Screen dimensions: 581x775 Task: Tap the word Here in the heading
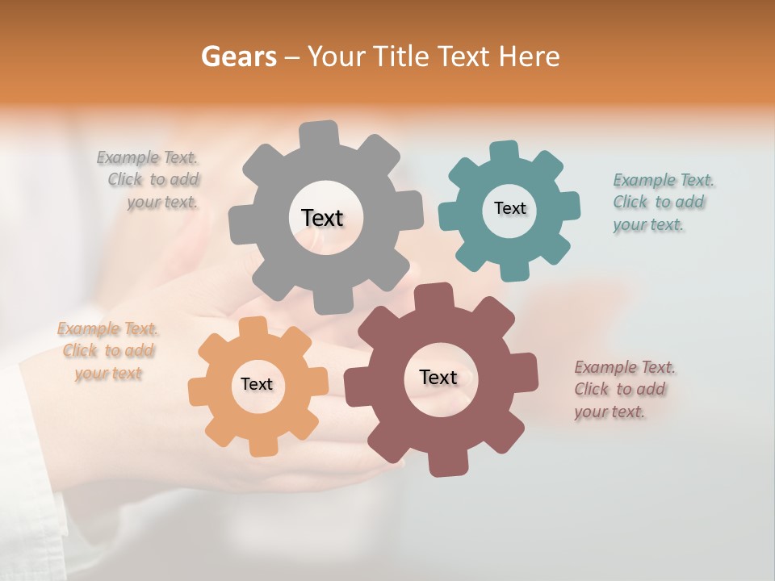pos(530,56)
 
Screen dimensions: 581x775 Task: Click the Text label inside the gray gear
pos(322,218)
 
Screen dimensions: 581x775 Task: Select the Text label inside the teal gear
pos(509,208)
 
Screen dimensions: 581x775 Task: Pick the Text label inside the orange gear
pos(257,384)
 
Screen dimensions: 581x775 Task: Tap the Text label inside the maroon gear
pos(438,377)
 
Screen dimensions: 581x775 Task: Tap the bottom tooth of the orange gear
pos(262,445)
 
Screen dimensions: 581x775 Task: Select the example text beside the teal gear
pos(662,203)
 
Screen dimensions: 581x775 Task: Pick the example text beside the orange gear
pos(108,351)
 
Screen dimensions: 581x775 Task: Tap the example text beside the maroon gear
pos(623,390)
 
